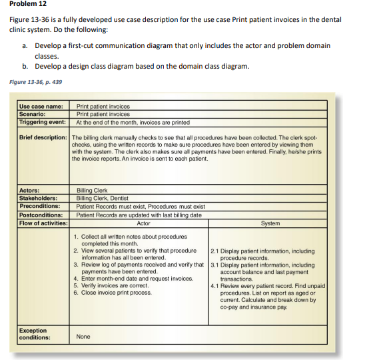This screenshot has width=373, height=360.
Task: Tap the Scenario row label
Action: coord(36,114)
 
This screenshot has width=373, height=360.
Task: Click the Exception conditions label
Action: coord(33,333)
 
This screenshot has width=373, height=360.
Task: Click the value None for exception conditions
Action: coord(83,337)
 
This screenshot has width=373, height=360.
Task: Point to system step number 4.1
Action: coord(214,286)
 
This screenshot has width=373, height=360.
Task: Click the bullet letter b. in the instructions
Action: coord(25,66)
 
